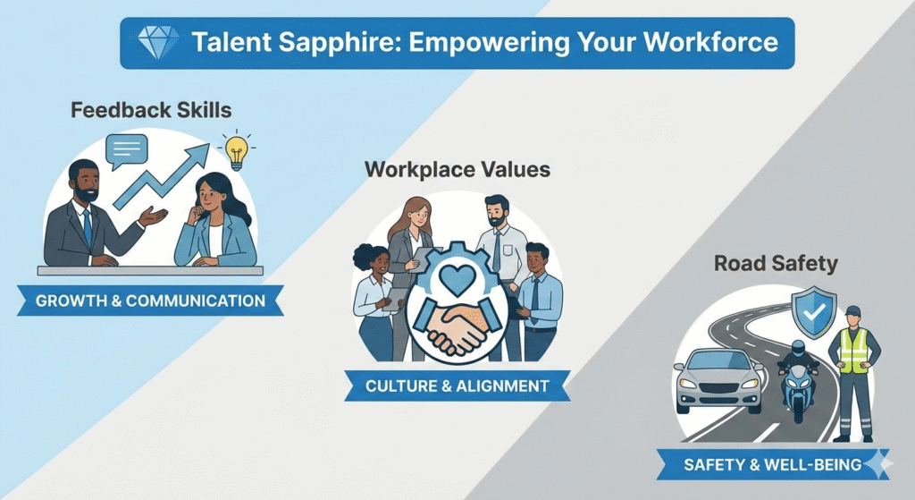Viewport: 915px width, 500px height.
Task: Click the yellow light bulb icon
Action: coord(236,151)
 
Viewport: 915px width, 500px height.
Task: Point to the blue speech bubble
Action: coord(125,150)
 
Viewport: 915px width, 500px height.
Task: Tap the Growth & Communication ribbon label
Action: coord(150,301)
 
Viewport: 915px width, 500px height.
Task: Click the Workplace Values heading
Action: coord(457,169)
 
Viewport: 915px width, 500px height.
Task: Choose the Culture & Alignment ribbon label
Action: coord(457,386)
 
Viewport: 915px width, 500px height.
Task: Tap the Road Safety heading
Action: coord(764,264)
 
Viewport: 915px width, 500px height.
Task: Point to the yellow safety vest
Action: coord(853,350)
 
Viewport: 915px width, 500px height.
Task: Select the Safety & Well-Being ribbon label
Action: coord(772,464)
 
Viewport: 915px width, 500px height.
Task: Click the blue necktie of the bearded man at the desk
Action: coord(87,225)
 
